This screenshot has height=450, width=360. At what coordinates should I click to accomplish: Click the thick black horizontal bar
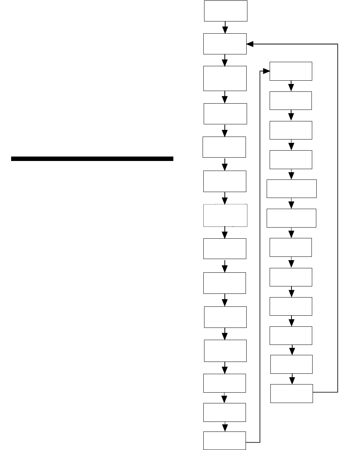[x=92, y=159]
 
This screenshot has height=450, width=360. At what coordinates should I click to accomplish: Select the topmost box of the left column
[x=226, y=11]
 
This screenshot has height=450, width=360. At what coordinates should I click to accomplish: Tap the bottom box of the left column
[x=225, y=441]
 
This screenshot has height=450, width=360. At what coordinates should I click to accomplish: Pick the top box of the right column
[x=291, y=71]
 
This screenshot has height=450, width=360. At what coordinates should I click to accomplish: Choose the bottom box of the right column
[x=291, y=394]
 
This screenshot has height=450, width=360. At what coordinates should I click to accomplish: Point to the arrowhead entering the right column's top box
[x=266, y=71]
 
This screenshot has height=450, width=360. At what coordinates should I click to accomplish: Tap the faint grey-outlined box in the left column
[x=225, y=215]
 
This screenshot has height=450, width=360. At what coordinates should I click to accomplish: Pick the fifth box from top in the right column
[x=291, y=189]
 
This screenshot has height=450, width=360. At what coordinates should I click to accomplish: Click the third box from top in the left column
[x=225, y=78]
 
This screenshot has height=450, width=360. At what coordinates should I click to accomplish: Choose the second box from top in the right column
[x=291, y=100]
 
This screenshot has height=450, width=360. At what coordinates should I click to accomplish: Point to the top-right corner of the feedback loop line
[x=338, y=44]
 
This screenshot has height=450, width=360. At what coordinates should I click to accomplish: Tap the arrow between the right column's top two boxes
[x=291, y=86]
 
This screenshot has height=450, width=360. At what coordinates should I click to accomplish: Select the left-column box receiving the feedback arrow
[x=225, y=44]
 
